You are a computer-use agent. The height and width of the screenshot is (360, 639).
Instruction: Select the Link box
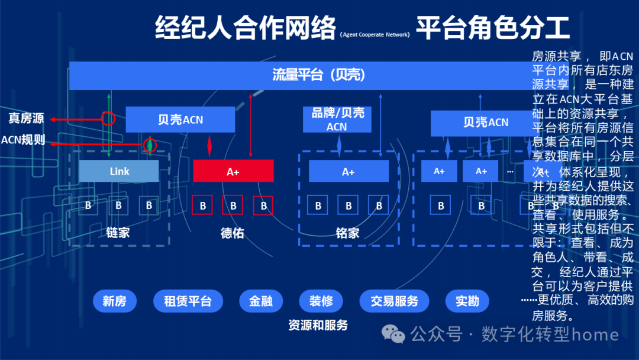point(119,171)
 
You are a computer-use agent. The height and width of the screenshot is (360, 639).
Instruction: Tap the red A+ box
point(233,171)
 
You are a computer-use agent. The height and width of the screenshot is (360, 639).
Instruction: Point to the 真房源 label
point(26,118)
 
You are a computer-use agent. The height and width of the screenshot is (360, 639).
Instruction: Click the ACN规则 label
point(23,140)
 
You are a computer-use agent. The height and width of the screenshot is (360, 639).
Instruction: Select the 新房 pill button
point(114,301)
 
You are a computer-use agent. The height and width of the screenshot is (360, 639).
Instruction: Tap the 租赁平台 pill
point(188,301)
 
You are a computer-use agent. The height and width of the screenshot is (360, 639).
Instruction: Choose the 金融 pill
point(260,301)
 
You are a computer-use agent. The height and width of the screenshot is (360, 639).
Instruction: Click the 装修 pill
point(321,301)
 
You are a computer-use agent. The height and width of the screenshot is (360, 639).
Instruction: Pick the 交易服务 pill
point(394,301)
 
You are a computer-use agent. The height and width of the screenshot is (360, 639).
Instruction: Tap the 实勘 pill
point(467,301)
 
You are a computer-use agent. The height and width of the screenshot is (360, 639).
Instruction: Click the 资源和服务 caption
point(318,324)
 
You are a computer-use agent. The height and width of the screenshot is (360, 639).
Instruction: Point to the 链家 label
point(118,232)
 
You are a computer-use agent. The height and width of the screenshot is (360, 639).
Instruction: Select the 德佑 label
point(233,232)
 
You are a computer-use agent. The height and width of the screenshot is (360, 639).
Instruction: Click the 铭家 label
point(347,232)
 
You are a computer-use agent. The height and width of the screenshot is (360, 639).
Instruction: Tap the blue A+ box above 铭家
point(348,171)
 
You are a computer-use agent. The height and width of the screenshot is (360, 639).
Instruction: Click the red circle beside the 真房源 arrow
point(108,118)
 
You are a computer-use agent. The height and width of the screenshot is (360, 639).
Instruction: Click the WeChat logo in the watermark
point(393,335)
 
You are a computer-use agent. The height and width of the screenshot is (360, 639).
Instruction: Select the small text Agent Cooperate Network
point(375,35)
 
